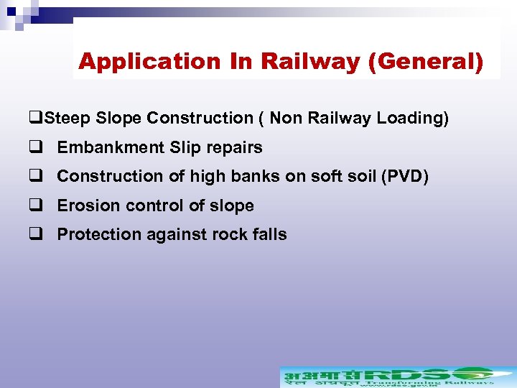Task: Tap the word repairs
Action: pyautogui.click(x=235, y=148)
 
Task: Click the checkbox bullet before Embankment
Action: pyautogui.click(x=34, y=147)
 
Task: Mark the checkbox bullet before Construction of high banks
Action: pyautogui.click(x=34, y=176)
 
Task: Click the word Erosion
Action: pyautogui.click(x=85, y=206)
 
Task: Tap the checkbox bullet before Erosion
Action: pyautogui.click(x=34, y=205)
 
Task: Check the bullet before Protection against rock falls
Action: pyautogui.click(x=34, y=234)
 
